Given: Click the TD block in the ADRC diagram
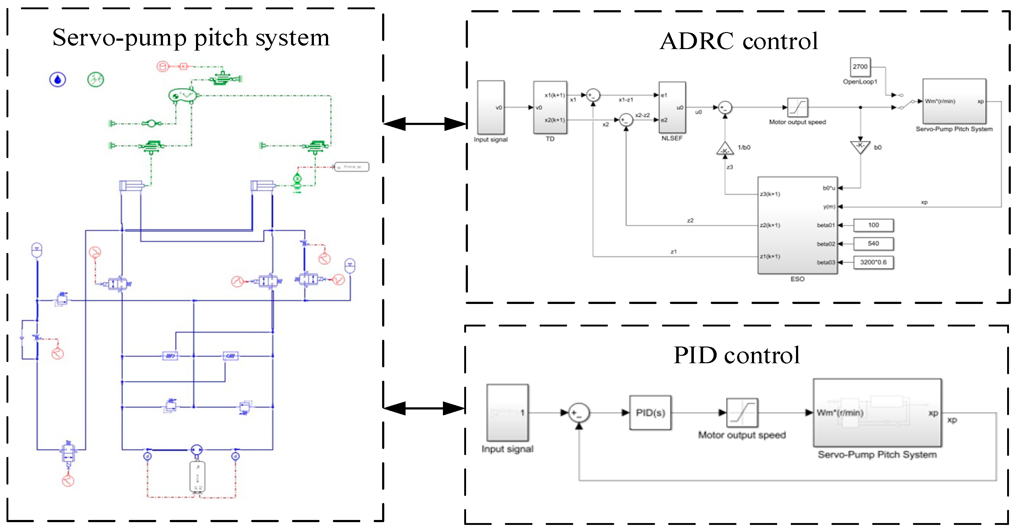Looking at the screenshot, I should click(550, 107).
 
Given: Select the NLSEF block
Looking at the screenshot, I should click(672, 107).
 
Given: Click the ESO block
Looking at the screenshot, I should click(797, 225).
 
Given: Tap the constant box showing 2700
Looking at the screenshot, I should click(860, 67).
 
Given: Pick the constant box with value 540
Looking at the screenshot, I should click(873, 243).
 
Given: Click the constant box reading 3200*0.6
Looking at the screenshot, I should click(873, 262).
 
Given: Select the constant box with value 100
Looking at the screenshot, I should click(873, 225).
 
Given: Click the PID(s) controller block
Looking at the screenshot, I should click(650, 413).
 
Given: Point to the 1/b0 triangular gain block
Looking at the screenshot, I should click(725, 149).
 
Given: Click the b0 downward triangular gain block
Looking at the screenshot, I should click(860, 146).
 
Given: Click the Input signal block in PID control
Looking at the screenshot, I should click(507, 413).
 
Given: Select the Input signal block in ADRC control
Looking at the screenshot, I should click(491, 107).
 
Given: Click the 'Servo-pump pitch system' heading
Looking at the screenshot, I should click(191, 38).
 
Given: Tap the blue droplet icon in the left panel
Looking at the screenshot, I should click(58, 80).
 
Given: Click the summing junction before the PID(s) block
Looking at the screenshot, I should click(579, 413).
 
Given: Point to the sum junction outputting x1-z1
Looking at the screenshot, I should click(593, 95).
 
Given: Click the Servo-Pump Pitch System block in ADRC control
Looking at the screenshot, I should click(954, 102).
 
